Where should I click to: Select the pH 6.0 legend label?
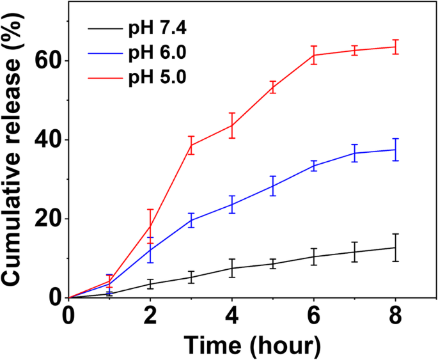pos(159,53)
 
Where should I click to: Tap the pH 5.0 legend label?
pos(159,77)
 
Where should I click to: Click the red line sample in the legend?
pos(105,77)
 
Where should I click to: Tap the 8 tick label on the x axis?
pos(396,315)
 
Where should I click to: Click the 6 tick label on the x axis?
pos(314,315)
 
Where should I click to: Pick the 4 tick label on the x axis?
pos(232,315)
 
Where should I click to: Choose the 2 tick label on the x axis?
pos(150,315)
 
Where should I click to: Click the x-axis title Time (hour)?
pos(251,344)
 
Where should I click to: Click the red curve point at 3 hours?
pos(191,145)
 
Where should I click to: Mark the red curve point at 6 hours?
pos(314,55)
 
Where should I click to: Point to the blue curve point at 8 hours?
pos(396,149)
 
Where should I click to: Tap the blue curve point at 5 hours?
pos(273,186)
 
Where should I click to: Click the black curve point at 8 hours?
pos(396,247)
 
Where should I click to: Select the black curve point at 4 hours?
pos(232,268)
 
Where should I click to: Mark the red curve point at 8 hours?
pos(396,47)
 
